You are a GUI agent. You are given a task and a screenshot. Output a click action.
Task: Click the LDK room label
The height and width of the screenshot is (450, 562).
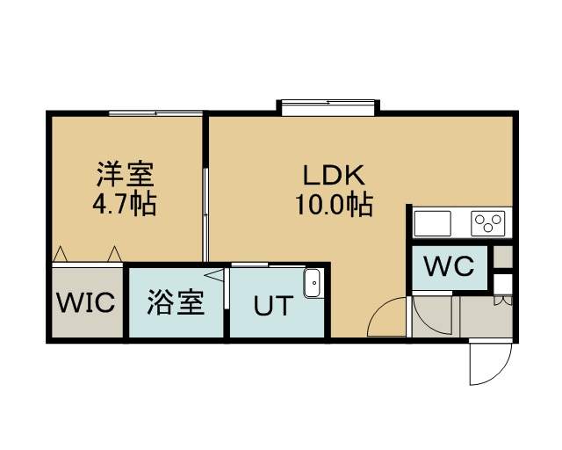click(x=334, y=175)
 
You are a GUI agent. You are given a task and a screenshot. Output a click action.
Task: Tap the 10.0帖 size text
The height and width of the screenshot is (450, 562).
click(x=334, y=206)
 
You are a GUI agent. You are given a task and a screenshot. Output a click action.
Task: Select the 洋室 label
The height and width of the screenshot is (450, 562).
click(x=125, y=174)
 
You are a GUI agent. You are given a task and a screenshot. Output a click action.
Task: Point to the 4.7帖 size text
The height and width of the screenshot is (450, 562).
click(x=125, y=204)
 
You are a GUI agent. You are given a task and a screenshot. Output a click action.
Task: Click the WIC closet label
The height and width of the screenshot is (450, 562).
click(x=86, y=302)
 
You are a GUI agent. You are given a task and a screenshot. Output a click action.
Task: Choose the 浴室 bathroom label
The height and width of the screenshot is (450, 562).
click(x=176, y=302)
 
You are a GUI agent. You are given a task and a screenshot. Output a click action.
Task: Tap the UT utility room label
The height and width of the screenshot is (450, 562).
click(x=273, y=306)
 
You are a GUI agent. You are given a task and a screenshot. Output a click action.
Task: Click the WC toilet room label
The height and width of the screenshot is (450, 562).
click(x=449, y=266)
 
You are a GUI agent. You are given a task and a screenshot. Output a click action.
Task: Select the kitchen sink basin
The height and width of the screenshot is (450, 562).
click(x=432, y=223)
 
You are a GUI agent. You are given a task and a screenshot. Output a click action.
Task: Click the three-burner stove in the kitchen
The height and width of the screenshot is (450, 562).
click(x=488, y=223)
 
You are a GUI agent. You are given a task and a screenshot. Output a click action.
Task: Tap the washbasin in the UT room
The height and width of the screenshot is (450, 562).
click(x=313, y=283)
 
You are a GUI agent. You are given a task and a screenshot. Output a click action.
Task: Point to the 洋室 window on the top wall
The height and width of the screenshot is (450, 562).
click(x=156, y=113)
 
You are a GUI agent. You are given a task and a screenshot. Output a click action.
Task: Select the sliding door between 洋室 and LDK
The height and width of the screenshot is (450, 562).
click(x=205, y=214)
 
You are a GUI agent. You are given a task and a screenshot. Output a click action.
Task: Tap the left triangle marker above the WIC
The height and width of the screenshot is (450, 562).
click(x=60, y=254)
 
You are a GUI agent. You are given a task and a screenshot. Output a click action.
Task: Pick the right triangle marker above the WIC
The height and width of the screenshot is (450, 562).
click(x=115, y=254)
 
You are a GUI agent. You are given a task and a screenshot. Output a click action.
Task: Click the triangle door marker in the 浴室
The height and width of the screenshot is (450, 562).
click(x=214, y=275)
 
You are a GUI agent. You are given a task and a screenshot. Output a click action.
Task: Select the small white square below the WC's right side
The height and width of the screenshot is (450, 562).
click(x=503, y=284)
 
